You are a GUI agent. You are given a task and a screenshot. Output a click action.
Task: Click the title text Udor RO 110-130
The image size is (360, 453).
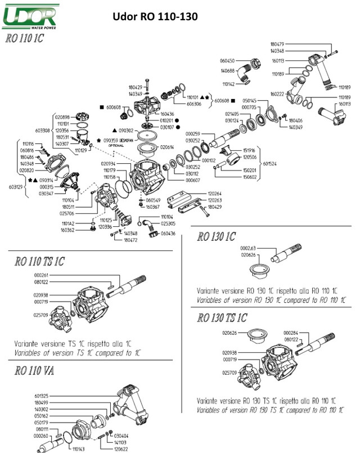155,17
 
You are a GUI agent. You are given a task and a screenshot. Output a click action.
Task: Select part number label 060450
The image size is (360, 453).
227,60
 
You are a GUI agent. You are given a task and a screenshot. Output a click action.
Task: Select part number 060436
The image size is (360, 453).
168,232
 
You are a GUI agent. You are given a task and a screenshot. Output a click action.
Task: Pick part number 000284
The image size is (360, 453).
291,333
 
